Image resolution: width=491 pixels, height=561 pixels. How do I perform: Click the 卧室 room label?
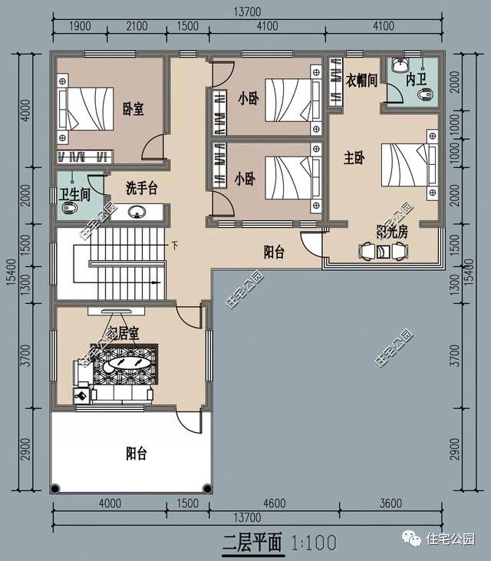133,109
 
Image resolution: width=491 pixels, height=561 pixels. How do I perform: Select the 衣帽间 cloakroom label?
361,80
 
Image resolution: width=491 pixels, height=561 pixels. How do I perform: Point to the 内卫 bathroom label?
416,80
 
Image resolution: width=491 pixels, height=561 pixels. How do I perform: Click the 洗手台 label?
142,187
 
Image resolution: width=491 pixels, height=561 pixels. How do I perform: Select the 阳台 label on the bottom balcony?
136,454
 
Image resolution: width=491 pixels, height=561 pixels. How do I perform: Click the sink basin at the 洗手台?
138,213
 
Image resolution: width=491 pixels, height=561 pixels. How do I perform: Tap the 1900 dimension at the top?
79,26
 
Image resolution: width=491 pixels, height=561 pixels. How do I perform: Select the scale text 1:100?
314,543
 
